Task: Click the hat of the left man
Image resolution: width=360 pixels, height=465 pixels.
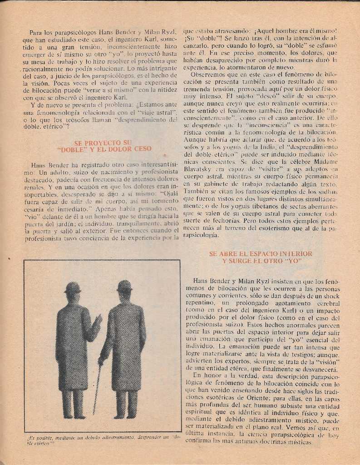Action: pyautogui.click(x=73, y=287)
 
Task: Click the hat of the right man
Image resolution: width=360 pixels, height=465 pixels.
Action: pyautogui.click(x=124, y=286)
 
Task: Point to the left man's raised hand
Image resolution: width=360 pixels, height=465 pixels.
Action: pyautogui.click(x=98, y=320)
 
